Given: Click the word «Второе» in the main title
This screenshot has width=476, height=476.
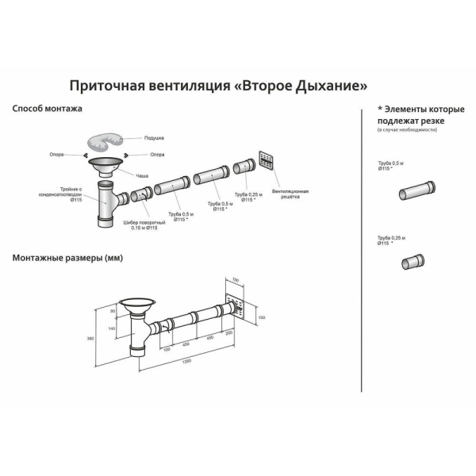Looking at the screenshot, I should [273, 84].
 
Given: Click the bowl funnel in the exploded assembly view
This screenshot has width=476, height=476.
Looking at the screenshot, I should [106, 167].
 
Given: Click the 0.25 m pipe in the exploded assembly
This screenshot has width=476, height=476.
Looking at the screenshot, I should [243, 167].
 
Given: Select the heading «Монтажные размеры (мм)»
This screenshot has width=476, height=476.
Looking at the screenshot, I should [67, 259].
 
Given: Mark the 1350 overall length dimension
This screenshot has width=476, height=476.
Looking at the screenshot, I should [186, 361].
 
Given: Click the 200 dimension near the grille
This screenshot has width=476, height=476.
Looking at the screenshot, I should [229, 333].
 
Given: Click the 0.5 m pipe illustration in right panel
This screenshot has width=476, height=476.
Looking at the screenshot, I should [417, 191].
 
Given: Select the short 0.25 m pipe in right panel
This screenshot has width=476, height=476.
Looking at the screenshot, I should [412, 263].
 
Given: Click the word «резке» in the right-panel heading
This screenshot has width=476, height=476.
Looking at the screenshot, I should [429, 120].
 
